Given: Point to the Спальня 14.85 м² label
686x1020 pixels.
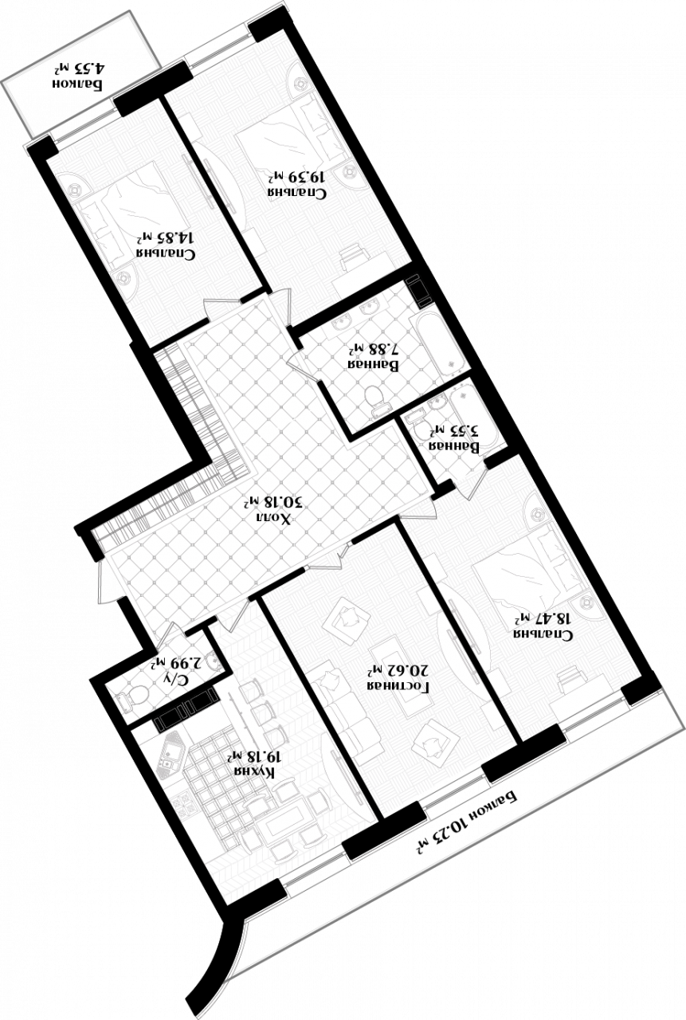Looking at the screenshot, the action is tap(167, 245).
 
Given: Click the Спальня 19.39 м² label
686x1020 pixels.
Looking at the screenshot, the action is tap(297, 183).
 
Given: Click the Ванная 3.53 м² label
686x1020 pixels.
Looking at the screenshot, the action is tap(455, 439).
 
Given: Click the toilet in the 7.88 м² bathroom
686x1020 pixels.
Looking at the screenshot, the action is tap(376, 398).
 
